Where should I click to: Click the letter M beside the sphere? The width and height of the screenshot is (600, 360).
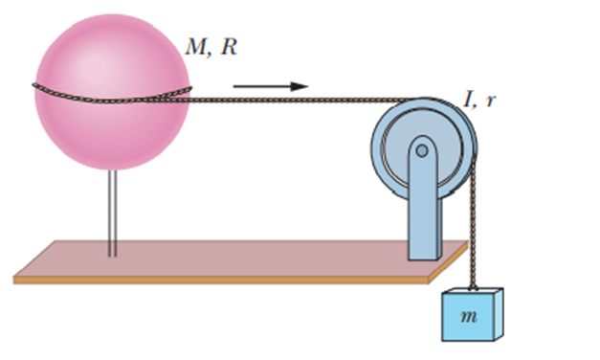(x=196, y=47)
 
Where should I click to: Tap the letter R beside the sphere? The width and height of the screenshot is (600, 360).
(x=229, y=47)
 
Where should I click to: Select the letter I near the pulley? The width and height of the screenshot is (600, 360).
(x=468, y=100)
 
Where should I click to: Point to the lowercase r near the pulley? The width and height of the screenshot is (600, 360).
(x=490, y=101)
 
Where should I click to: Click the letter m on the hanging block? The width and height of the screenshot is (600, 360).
(x=469, y=316)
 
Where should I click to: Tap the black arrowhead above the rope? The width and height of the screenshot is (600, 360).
(x=300, y=86)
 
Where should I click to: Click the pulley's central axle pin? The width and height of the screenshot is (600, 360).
(x=422, y=150)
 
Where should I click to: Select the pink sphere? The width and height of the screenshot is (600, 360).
(x=112, y=92)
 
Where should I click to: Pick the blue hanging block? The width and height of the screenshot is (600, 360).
(x=473, y=314)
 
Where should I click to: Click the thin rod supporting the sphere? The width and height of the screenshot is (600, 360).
(x=113, y=213)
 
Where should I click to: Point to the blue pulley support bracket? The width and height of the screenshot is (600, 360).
(x=424, y=198)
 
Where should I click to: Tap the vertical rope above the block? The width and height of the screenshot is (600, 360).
(x=474, y=222)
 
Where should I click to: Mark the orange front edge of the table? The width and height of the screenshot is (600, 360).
(x=221, y=280)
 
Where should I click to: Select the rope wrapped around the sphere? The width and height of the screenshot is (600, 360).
(x=112, y=95)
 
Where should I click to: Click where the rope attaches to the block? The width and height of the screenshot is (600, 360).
(x=474, y=288)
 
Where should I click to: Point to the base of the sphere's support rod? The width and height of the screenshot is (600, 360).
(x=113, y=256)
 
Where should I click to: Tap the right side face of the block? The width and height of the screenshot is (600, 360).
(x=499, y=313)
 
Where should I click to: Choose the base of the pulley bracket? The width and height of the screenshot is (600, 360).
(x=424, y=258)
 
